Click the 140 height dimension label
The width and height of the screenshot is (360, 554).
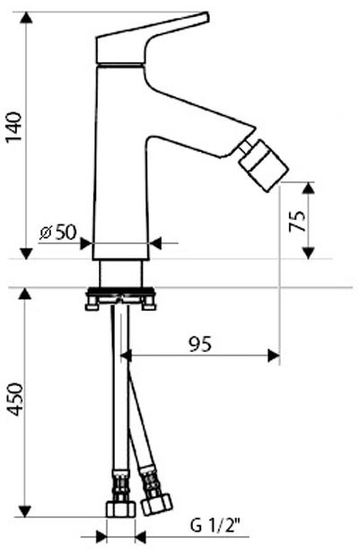tap(14, 127)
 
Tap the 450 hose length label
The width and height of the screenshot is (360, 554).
tap(15, 399)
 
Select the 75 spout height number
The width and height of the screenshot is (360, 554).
tap(297, 221)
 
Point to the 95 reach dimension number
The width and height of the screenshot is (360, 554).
tap(200, 344)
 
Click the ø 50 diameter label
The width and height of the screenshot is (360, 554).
tap(58, 232)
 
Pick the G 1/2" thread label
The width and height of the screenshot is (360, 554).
tap(215, 527)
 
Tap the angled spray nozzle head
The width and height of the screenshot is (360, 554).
tap(264, 165)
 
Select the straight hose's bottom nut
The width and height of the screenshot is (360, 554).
tap(120, 509)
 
